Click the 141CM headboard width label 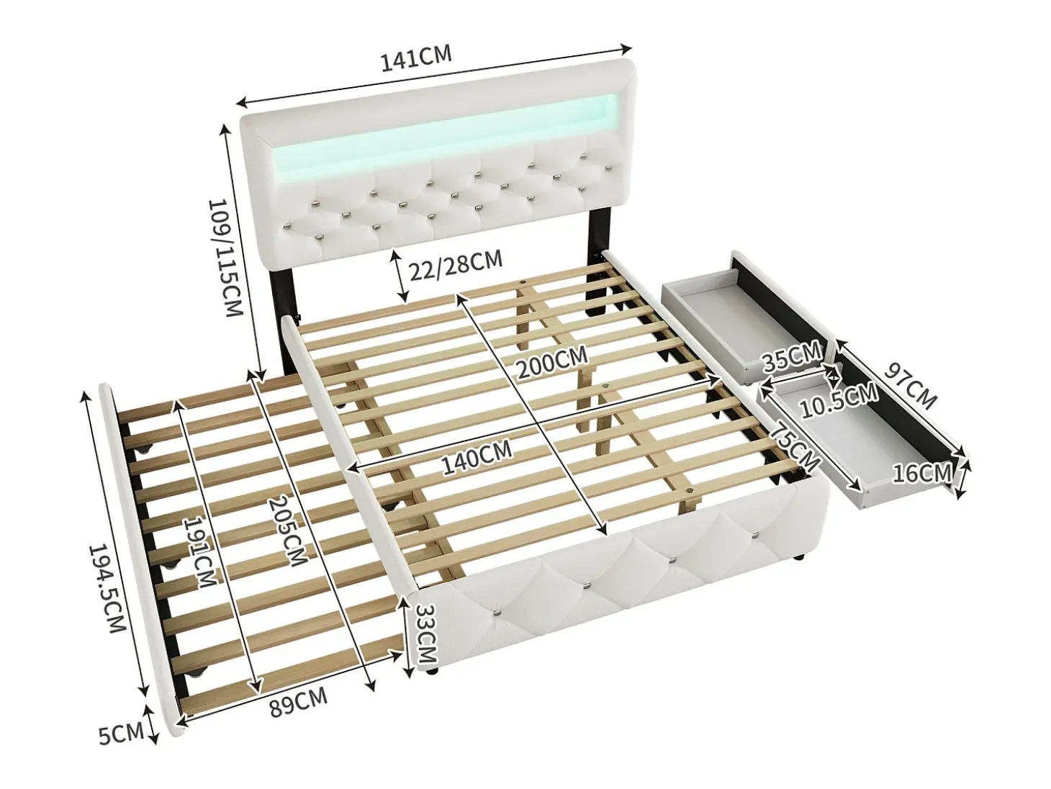point(415,58)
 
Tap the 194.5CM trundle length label point(108,588)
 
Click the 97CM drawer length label point(910,385)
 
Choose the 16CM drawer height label point(921,474)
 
